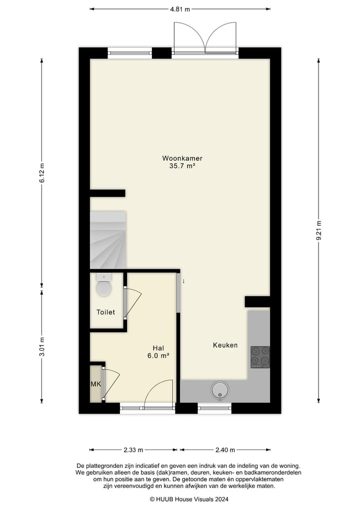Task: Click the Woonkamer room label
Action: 182,158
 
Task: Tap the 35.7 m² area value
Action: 182,166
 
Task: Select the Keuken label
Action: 225,345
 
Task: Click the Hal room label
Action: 158,348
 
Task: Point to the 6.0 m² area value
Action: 158,356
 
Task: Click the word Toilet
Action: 105,312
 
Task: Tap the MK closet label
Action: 95,384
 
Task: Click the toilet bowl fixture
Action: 104,287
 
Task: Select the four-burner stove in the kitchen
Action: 260,357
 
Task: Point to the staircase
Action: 107,240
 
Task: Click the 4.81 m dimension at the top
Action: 180,9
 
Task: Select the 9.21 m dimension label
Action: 318,230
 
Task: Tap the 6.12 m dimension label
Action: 42,173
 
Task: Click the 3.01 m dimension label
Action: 42,346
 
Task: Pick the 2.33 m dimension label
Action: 133,450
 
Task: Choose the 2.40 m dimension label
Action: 225,450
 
